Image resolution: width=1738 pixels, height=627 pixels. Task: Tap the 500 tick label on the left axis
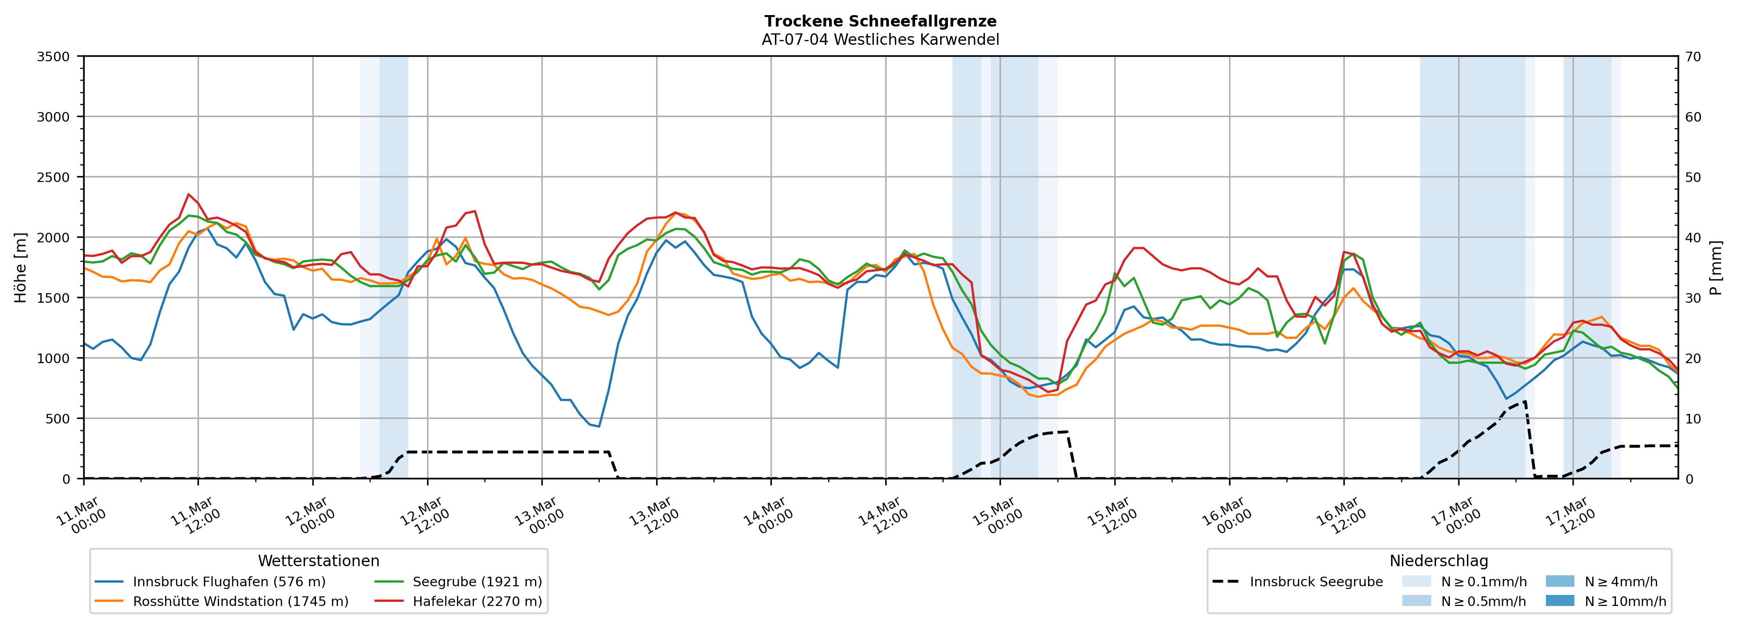(57, 418)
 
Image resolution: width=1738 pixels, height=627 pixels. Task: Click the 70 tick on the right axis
(1693, 57)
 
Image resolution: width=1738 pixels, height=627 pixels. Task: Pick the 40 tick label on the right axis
(1693, 237)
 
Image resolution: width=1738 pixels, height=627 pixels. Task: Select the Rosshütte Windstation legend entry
(240, 601)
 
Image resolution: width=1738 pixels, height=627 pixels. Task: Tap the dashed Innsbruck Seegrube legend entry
(1316, 582)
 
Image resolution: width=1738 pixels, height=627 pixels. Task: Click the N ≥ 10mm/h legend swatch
(1559, 600)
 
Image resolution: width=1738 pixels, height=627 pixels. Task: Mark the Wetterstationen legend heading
(318, 561)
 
